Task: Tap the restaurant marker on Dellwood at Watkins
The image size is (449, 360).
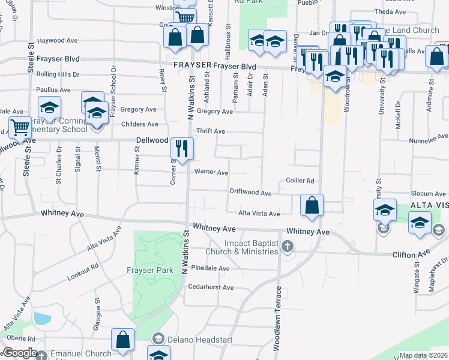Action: (182, 147)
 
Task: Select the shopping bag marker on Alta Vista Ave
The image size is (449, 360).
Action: (312, 205)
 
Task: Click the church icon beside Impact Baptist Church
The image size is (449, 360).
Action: (288, 245)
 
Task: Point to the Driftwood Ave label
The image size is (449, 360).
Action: (251, 193)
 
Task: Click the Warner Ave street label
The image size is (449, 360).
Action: (210, 172)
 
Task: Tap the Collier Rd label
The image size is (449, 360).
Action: (300, 181)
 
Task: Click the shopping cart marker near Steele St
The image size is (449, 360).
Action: (20, 128)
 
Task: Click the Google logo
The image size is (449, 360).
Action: (20, 353)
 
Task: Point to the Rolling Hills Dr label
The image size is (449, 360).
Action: (58, 74)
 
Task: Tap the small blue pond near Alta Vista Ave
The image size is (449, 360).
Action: (42, 318)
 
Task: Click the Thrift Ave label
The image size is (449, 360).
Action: (210, 131)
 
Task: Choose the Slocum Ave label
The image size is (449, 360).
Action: (428, 193)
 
